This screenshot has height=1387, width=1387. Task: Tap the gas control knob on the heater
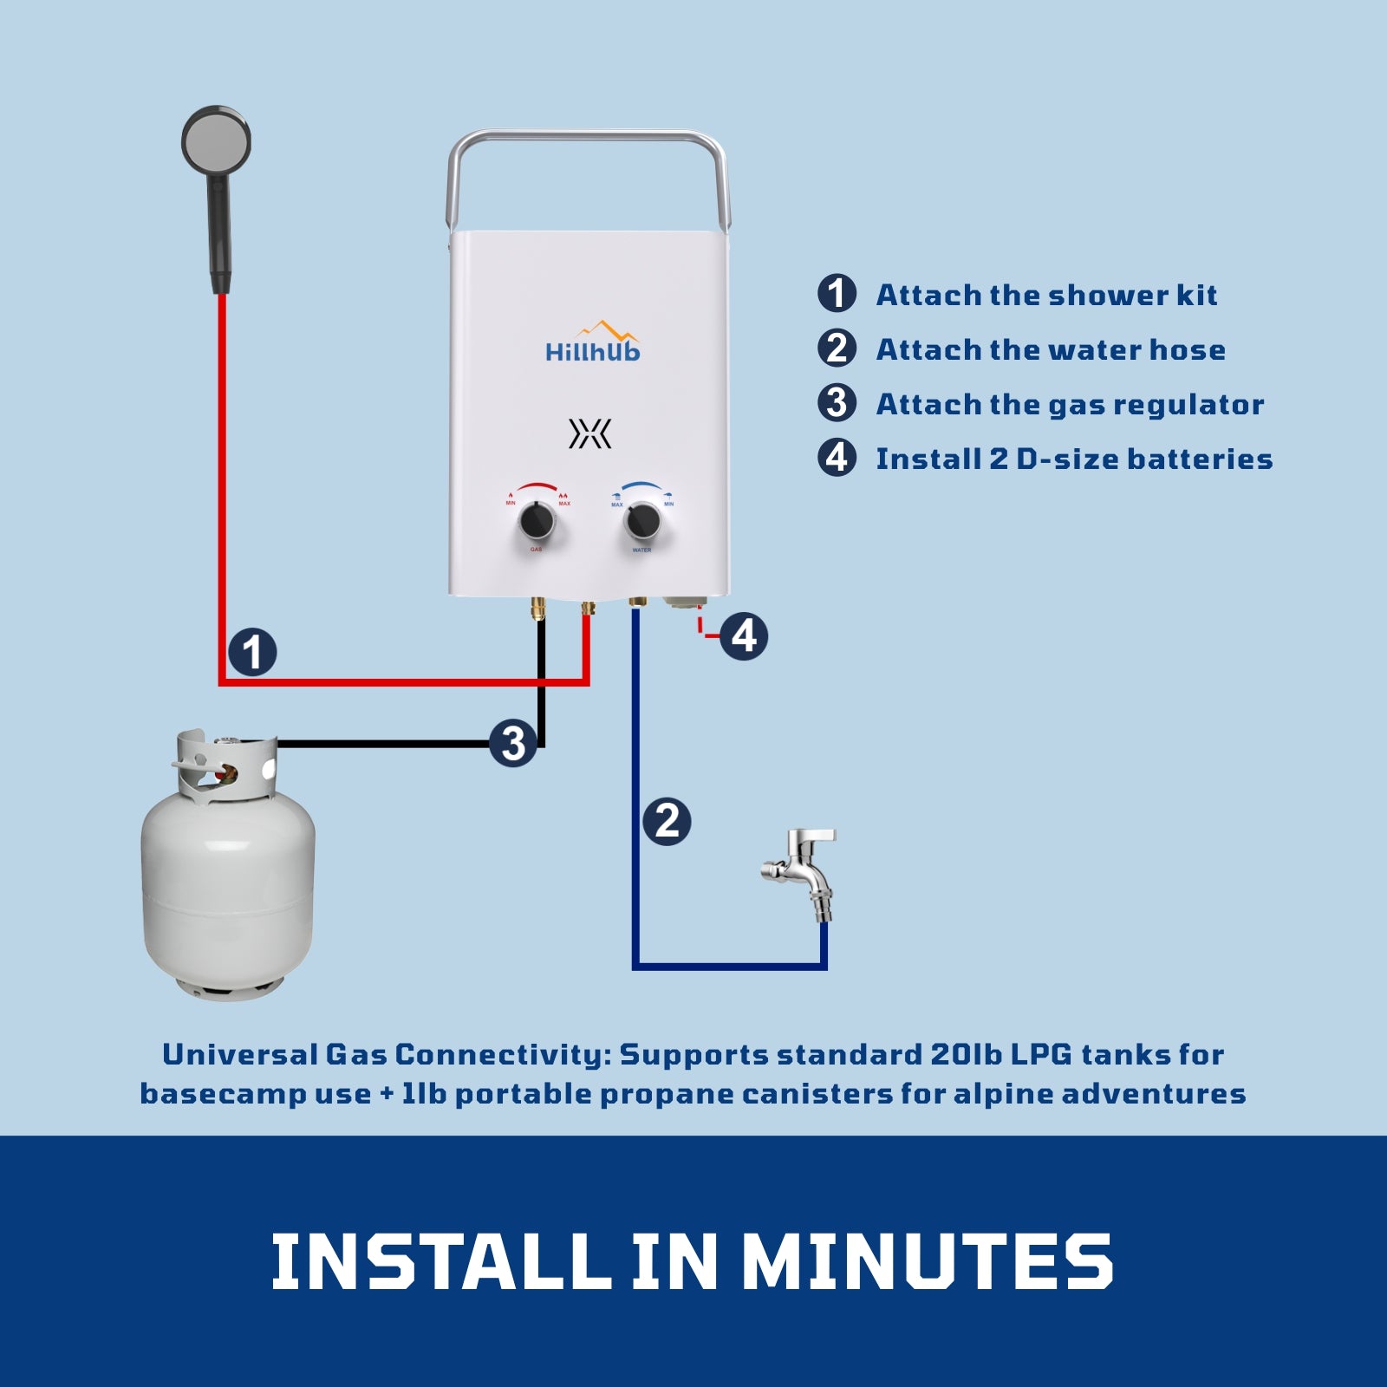tap(537, 523)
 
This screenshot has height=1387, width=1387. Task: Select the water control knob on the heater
tap(642, 521)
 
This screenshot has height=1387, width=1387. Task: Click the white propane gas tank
tap(229, 876)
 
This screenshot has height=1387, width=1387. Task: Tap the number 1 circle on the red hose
tap(252, 652)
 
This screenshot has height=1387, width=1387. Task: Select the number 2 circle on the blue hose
tap(667, 820)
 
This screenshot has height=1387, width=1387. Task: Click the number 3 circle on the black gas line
tap(513, 744)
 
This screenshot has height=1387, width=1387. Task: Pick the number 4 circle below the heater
tap(744, 636)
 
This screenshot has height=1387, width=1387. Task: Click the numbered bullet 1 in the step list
tap(837, 294)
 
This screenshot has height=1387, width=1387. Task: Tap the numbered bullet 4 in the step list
tap(837, 458)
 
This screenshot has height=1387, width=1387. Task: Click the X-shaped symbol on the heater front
tap(590, 433)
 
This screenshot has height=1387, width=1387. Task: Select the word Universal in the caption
tap(240, 1055)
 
